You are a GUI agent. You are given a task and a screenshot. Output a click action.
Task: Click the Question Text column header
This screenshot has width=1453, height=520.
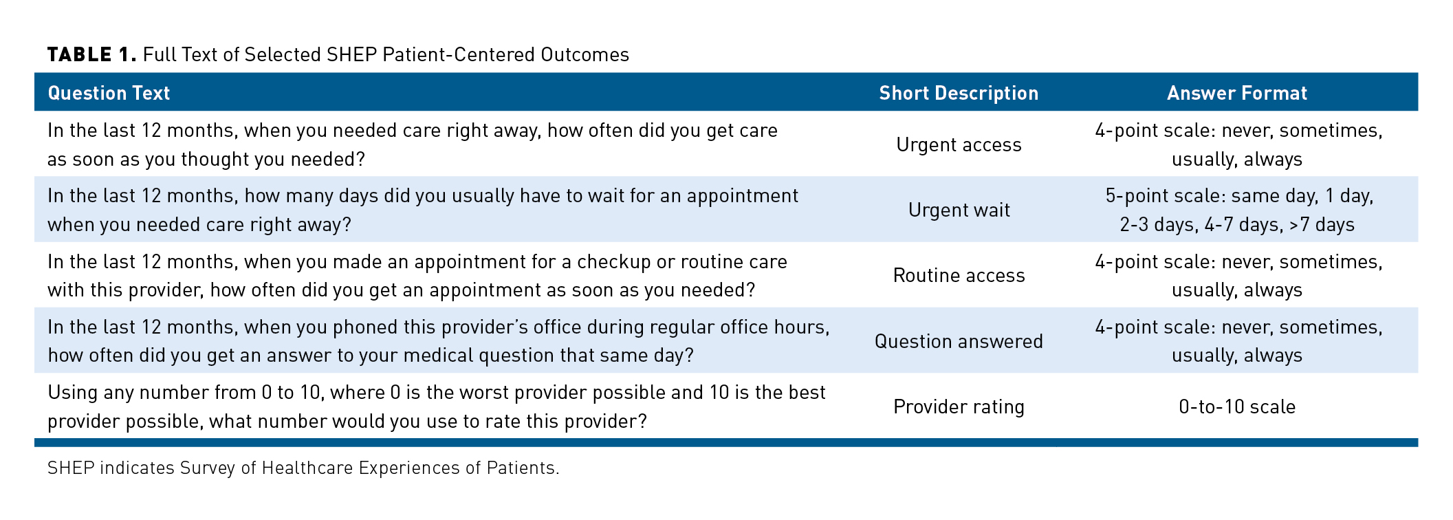[109, 93]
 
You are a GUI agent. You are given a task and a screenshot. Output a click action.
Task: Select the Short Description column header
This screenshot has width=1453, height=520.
[959, 93]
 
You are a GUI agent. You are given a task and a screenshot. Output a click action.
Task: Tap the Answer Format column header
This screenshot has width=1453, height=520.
[1237, 93]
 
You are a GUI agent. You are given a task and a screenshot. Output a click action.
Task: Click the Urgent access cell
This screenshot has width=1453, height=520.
[959, 144]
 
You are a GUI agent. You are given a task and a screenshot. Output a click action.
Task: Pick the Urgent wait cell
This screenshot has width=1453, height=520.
[959, 210]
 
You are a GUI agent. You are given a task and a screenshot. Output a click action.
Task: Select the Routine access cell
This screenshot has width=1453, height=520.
[959, 275]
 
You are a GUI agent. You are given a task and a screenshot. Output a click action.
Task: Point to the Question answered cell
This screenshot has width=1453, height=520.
[959, 341]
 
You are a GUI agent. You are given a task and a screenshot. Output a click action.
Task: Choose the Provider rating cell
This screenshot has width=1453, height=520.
[959, 407]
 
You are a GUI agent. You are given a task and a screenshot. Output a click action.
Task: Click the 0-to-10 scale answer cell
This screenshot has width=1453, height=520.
[1237, 407]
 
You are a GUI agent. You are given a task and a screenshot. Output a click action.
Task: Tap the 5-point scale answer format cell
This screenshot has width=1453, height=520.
[1237, 210]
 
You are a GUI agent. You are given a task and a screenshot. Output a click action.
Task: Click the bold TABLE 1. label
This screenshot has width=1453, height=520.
[92, 54]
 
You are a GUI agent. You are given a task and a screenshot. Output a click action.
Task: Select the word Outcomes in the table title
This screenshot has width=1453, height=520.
[585, 54]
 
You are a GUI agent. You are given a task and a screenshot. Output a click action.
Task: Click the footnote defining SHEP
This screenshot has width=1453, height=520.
[303, 468]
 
